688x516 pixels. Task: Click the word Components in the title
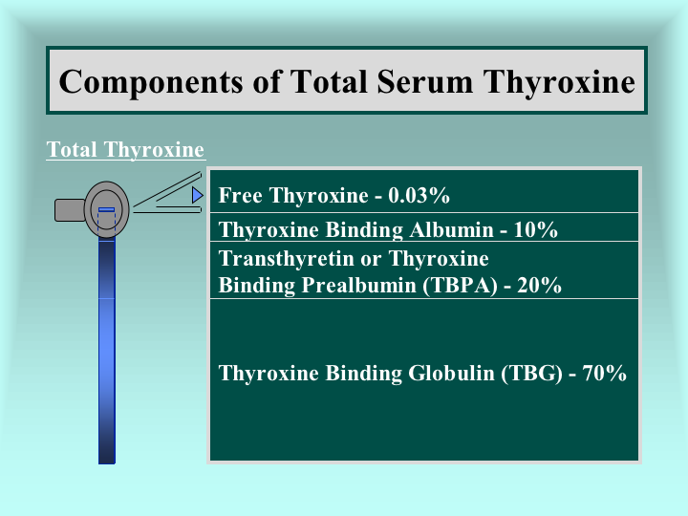click(151, 82)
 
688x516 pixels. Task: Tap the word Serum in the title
click(424, 81)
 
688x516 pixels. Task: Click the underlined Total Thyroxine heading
click(125, 150)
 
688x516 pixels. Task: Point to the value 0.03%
click(419, 195)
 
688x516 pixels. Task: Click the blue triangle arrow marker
click(198, 195)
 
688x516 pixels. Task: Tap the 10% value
click(535, 230)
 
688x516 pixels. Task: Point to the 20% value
click(539, 285)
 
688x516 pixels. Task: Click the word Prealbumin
click(359, 285)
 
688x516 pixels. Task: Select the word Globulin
click(451, 374)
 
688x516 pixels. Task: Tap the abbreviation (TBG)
click(532, 374)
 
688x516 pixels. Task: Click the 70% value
click(604, 374)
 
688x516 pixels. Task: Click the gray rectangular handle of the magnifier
click(70, 210)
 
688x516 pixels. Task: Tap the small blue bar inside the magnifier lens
click(107, 209)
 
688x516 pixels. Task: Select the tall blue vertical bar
click(107, 351)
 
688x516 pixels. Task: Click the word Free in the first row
click(241, 195)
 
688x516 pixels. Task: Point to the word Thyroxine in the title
click(559, 82)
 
